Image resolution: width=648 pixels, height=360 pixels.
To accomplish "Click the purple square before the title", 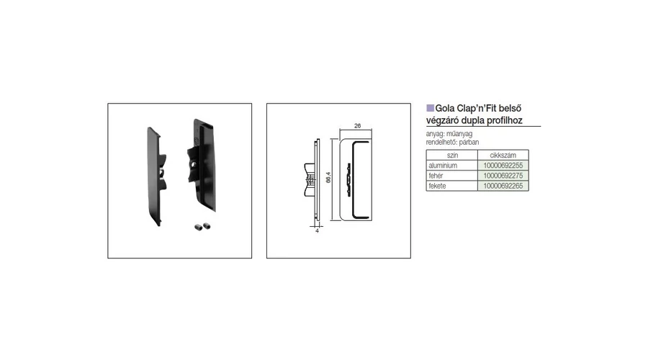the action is click(430, 108).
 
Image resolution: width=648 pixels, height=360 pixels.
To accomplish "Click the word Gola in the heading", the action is click(445, 108).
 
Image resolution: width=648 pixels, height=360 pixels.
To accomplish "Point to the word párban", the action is click(469, 142).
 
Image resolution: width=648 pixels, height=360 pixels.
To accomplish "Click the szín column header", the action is click(452, 156).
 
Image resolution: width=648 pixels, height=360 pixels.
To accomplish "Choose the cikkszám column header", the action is click(503, 156).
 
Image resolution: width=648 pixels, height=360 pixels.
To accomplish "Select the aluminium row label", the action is click(443, 166).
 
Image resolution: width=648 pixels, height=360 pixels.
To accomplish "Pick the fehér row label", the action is click(436, 176).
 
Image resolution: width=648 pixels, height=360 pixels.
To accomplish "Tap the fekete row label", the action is click(437, 186).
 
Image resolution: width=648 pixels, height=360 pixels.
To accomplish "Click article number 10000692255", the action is click(503, 166).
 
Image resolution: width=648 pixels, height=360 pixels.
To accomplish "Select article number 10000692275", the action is click(503, 176).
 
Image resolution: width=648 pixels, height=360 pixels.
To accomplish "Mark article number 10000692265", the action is click(503, 186).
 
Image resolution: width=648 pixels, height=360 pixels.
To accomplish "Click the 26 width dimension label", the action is click(357, 126).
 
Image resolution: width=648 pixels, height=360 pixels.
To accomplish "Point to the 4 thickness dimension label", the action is click(317, 231).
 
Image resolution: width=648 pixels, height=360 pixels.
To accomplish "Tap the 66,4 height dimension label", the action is click(328, 177).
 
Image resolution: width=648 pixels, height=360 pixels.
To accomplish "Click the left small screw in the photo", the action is click(197, 227).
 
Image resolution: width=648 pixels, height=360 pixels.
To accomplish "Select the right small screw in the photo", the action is click(206, 225).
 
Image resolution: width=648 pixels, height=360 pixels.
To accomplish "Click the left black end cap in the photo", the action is click(156, 176).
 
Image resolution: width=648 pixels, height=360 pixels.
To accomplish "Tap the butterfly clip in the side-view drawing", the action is click(310, 179).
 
